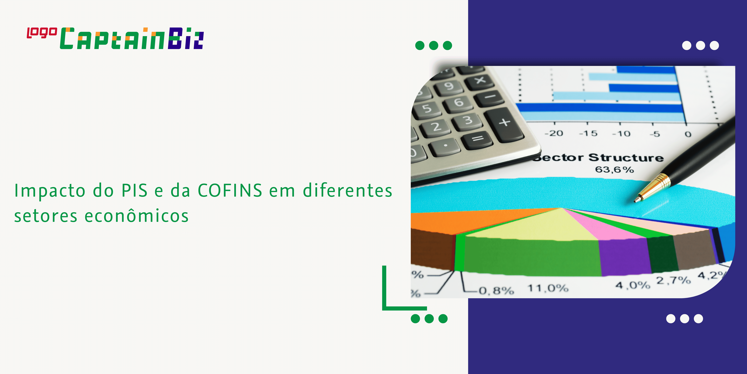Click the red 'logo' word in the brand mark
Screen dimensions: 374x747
[x=42, y=33]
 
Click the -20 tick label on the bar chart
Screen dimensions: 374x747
[x=554, y=133]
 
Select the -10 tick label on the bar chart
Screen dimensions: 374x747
[x=621, y=134]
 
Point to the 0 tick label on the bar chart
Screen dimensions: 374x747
[x=688, y=134]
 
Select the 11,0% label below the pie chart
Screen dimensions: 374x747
[x=547, y=288]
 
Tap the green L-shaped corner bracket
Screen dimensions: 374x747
[x=389, y=305]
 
